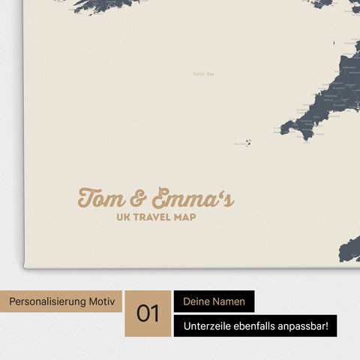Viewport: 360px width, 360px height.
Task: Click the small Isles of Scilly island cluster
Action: pos(247,142)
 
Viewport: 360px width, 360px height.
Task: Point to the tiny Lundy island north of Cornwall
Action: pos(316,73)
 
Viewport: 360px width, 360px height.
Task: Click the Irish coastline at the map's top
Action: pos(97,6)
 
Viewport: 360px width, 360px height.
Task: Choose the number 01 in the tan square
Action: pos(148,313)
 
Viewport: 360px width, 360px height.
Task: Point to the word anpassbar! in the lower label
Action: pos(307,326)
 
